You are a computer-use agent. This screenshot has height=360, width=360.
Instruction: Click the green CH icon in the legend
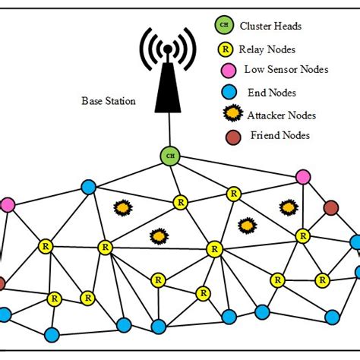click(223, 25)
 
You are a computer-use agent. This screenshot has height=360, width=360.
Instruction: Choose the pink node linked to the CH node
click(303, 177)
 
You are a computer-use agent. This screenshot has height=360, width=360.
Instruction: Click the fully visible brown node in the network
click(330, 207)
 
